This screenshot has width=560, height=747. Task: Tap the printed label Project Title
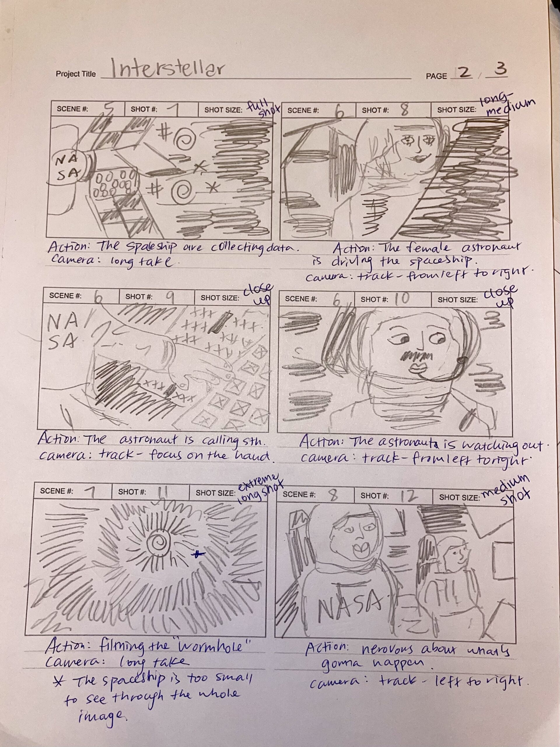[76, 74]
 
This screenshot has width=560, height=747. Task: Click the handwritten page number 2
[465, 73]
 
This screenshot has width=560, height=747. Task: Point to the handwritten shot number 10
[401, 299]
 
